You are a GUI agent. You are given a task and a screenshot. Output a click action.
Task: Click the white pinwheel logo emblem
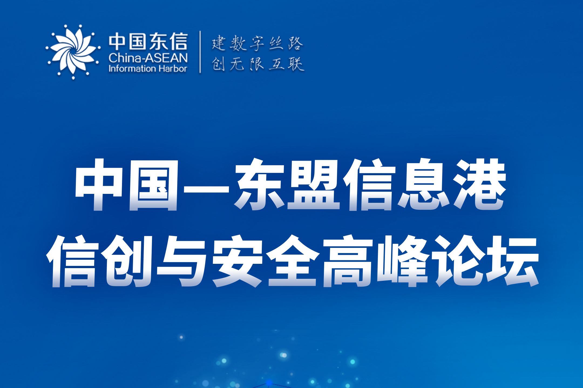click(73, 52)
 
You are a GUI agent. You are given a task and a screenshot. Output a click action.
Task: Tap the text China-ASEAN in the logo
click(148, 58)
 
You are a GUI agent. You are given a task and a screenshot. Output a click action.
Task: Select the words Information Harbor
click(148, 69)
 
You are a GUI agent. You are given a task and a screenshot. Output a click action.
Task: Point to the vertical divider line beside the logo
click(200, 52)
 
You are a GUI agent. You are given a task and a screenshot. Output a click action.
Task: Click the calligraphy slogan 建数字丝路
click(257, 43)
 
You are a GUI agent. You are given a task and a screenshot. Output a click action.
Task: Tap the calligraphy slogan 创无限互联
click(258, 64)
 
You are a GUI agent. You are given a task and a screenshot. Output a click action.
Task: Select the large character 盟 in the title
click(313, 184)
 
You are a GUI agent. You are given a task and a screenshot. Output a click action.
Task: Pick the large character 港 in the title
click(480, 184)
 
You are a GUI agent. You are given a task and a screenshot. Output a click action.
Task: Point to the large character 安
click(238, 261)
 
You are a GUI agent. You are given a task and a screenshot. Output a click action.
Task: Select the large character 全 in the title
click(293, 260)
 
